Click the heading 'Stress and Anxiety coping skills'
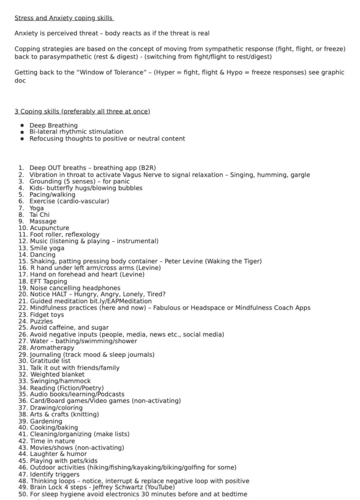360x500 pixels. (x=64, y=18)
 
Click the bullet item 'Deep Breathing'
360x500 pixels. (x=53, y=125)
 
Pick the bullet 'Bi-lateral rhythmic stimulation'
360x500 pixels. (x=76, y=132)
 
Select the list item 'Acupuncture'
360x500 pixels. (x=49, y=228)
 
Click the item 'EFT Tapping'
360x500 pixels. (x=48, y=281)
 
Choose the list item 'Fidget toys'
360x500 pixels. (x=47, y=315)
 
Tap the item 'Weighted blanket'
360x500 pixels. (x=57, y=375)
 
